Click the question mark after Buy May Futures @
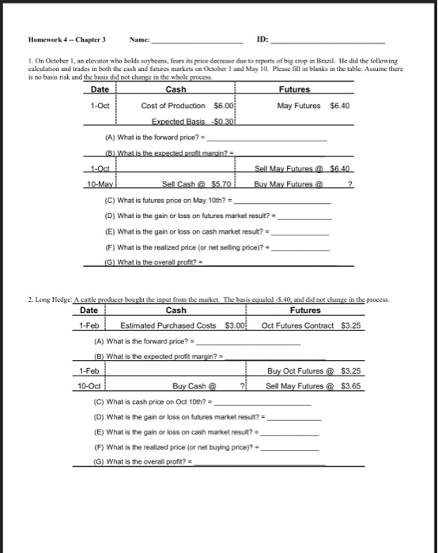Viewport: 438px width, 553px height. (349, 183)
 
